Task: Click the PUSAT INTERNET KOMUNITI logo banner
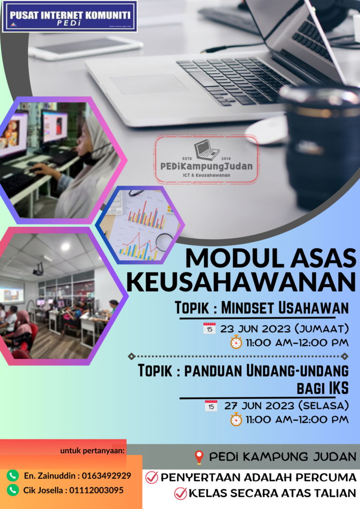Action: (70, 16)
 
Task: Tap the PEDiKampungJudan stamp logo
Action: (206, 159)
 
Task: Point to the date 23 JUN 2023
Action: (255, 329)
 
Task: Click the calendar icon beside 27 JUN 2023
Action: (211, 406)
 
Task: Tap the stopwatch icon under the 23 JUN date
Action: (236, 343)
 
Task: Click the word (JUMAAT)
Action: (322, 329)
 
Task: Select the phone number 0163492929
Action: (106, 476)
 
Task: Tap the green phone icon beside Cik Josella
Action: (13, 490)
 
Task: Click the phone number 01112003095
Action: (97, 490)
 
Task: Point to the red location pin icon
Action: (199, 457)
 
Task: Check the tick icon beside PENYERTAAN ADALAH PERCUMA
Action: (151, 478)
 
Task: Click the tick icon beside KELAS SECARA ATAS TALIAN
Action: (180, 493)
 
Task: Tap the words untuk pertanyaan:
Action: (92, 450)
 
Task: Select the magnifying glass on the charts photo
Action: (164, 241)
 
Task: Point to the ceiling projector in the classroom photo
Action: (38, 269)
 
